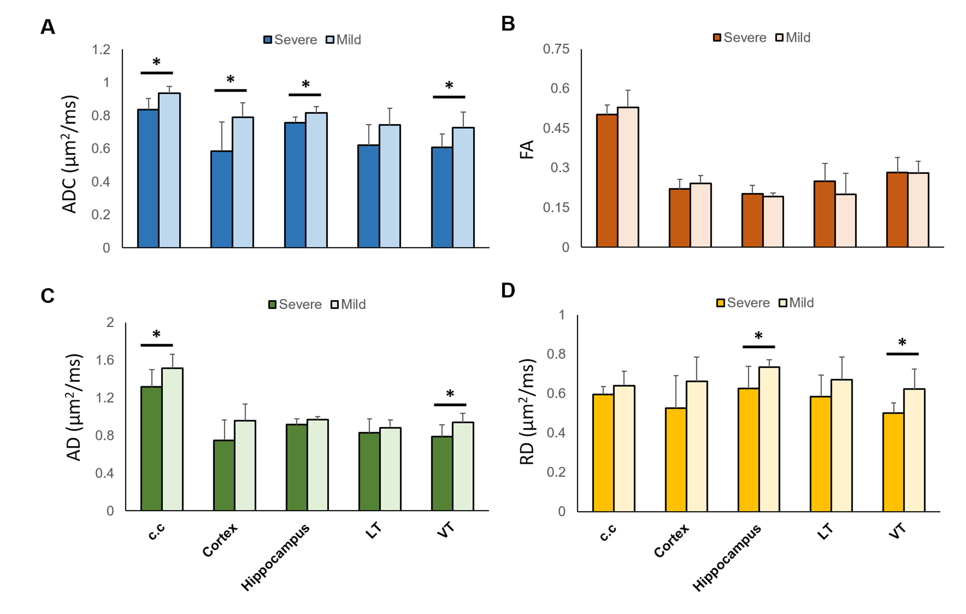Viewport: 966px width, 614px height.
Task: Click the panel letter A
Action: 48,27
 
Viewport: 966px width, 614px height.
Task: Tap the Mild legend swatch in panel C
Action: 335,305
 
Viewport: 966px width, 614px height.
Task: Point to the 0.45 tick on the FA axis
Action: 556,128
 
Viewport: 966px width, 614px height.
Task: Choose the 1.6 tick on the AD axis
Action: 105,360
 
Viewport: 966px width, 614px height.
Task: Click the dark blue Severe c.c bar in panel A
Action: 148,179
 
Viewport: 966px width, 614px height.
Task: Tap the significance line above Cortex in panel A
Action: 230,90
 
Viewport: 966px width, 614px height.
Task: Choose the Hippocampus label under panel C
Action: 275,557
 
